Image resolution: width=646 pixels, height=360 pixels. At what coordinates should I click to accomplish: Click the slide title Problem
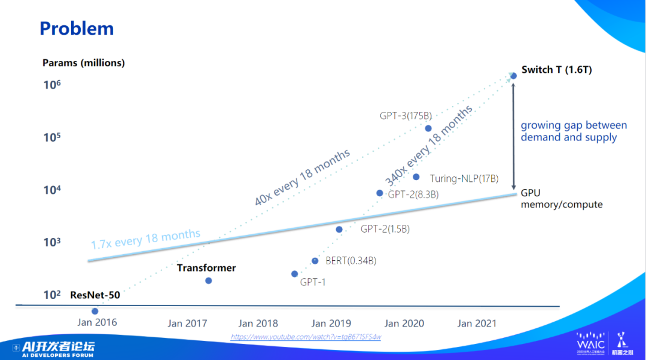coord(76,28)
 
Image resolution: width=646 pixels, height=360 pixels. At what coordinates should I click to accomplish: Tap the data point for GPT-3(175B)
coord(428,129)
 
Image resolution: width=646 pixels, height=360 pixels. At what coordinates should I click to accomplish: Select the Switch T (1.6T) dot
coord(513,76)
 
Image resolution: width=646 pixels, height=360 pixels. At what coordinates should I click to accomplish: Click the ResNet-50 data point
coord(95,311)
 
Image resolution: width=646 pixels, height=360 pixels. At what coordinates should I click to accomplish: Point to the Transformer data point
coord(208,280)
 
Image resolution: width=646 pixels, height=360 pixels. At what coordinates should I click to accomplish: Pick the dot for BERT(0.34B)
coord(315,261)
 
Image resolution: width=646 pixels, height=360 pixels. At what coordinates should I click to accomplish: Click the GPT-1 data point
coord(294,274)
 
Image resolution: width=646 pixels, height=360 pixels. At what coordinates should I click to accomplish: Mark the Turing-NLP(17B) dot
coord(416,176)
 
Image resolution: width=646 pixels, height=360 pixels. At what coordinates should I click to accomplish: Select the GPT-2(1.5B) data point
coord(339,229)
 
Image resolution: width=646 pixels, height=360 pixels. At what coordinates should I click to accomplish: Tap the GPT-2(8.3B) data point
coord(379,193)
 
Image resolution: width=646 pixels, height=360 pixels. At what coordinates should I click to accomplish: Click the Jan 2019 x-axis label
coord(331,324)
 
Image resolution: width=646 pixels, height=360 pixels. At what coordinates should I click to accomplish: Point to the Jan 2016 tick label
coord(97,322)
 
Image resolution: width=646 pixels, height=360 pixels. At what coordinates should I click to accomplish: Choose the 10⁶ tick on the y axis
coord(53,85)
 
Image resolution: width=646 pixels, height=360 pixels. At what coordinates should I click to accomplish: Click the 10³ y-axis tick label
coord(53,242)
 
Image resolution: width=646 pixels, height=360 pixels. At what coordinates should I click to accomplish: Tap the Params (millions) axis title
coord(84,63)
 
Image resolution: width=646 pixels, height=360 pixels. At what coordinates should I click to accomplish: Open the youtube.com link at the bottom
coord(306,337)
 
